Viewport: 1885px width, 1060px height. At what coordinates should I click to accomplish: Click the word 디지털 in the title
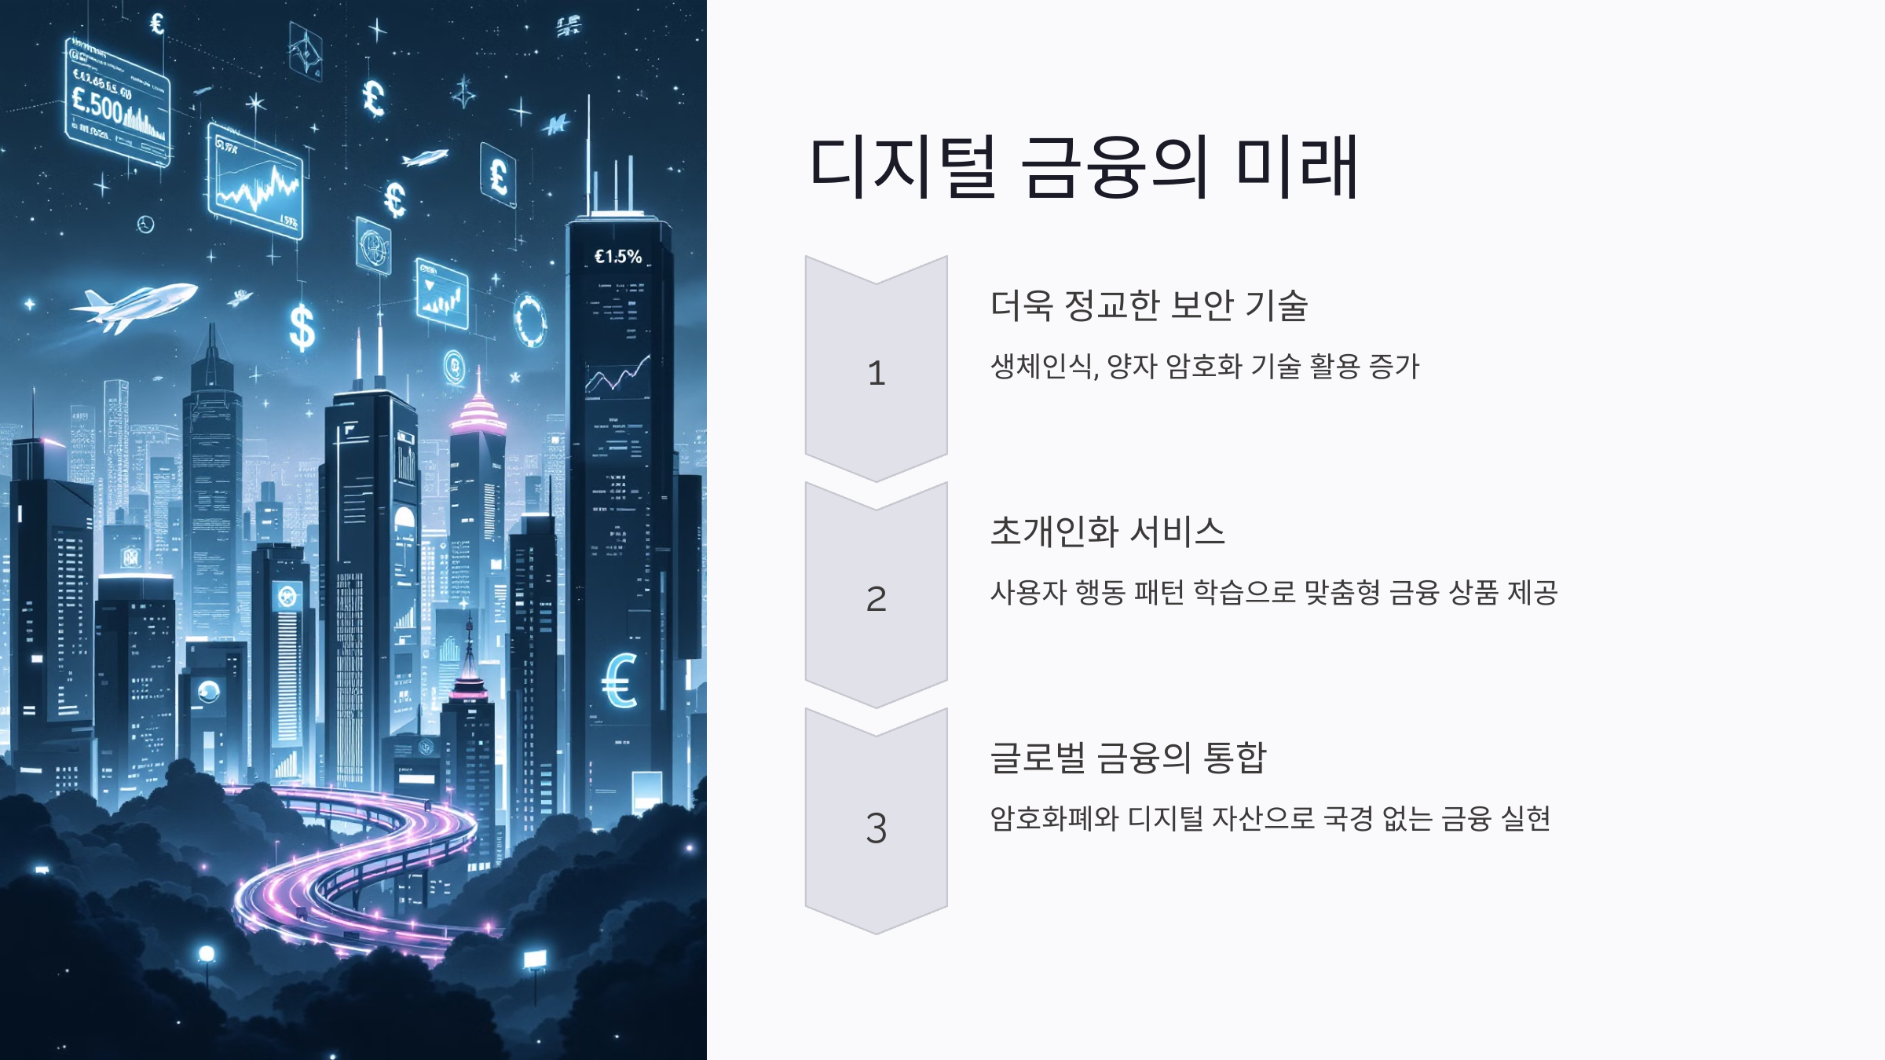[x=903, y=166]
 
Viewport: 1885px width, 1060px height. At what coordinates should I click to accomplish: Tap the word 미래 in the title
[x=1297, y=166]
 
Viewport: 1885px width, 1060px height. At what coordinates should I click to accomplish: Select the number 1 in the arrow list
[x=877, y=373]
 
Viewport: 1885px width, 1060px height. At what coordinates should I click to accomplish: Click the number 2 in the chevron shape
[x=877, y=599]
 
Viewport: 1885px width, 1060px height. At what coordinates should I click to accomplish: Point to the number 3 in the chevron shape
[x=877, y=828]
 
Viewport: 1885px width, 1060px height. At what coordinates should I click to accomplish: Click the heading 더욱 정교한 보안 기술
[x=1148, y=305]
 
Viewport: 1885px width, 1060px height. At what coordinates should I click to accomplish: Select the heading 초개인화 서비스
[x=1107, y=532]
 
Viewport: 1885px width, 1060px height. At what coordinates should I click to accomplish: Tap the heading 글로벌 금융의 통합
[x=1128, y=758]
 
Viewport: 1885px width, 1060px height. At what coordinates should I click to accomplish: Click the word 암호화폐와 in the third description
[x=1054, y=818]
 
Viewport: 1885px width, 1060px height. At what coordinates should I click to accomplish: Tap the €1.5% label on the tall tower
[x=618, y=257]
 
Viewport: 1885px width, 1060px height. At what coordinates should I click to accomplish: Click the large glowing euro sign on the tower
[x=620, y=680]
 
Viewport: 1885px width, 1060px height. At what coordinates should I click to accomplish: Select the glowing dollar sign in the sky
[x=302, y=327]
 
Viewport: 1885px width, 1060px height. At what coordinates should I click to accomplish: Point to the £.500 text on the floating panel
[x=97, y=104]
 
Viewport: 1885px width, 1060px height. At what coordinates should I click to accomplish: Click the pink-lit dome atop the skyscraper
[x=478, y=412]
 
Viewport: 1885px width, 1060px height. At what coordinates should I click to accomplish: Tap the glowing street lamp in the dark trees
[x=207, y=954]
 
